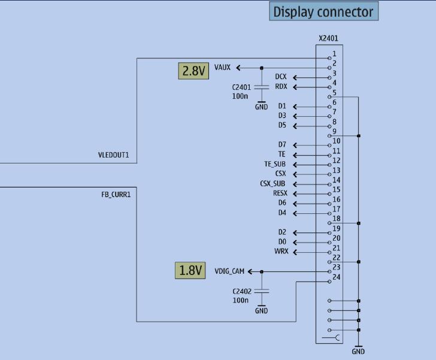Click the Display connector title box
click(x=323, y=11)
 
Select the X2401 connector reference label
click(x=328, y=38)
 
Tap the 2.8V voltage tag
click(x=193, y=71)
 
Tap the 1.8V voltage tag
click(x=190, y=270)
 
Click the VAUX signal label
click(x=222, y=68)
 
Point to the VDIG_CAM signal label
click(x=229, y=272)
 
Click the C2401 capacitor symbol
click(x=262, y=87)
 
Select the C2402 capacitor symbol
click(x=262, y=291)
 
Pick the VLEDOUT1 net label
click(x=117, y=155)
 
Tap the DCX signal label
click(x=281, y=77)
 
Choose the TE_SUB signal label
click(x=275, y=164)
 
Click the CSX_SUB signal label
click(x=272, y=184)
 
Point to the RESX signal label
click(x=280, y=193)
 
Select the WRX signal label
click(x=281, y=252)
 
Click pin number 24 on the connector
click(x=337, y=277)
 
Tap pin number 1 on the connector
click(x=334, y=54)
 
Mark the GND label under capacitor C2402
click(x=262, y=311)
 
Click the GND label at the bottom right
click(x=359, y=352)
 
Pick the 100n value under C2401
click(x=240, y=96)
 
